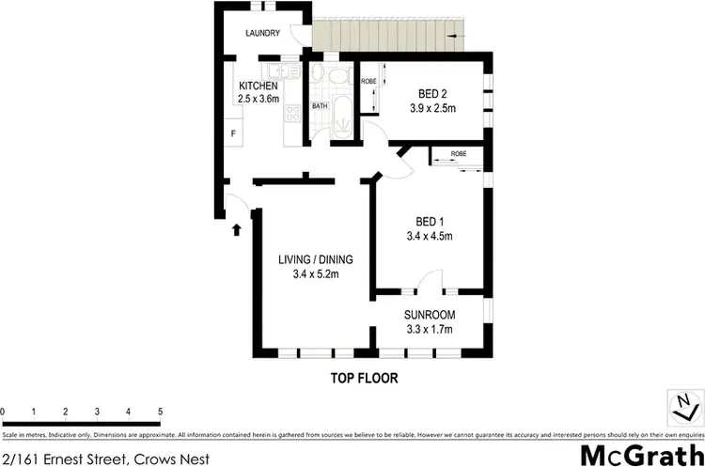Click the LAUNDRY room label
[263, 34]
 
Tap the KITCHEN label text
[258, 86]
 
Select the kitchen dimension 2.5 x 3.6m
[258, 99]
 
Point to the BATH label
[320, 106]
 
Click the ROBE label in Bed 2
[368, 82]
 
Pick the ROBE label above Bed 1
[459, 153]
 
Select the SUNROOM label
[431, 315]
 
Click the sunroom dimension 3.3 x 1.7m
[431, 330]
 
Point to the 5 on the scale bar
[160, 412]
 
